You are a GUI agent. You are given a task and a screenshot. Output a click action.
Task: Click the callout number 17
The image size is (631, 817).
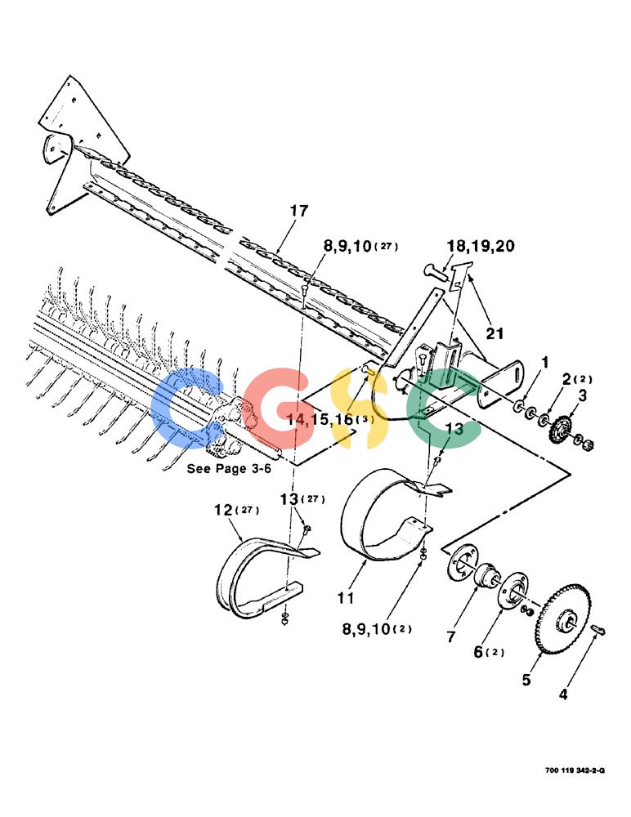(x=299, y=211)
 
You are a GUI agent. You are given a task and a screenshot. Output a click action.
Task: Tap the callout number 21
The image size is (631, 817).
(x=495, y=333)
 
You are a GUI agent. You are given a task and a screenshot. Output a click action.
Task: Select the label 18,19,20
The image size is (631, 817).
(x=481, y=246)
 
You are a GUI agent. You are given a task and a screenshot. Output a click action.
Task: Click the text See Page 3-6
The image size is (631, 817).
(x=229, y=468)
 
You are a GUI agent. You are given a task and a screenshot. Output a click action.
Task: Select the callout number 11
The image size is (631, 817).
(x=346, y=598)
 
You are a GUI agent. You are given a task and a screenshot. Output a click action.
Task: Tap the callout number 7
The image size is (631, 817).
(x=451, y=636)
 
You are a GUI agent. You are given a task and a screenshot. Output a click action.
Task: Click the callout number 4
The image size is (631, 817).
(x=563, y=694)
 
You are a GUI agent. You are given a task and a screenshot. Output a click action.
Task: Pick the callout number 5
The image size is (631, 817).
(x=526, y=680)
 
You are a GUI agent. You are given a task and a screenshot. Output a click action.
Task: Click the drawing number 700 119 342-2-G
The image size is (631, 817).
(x=575, y=770)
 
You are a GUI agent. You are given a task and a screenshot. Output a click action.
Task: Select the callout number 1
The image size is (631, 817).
(x=545, y=362)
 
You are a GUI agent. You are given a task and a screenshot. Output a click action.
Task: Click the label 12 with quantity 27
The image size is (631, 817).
(x=237, y=510)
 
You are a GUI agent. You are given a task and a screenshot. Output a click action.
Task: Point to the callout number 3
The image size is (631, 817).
(x=582, y=395)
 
